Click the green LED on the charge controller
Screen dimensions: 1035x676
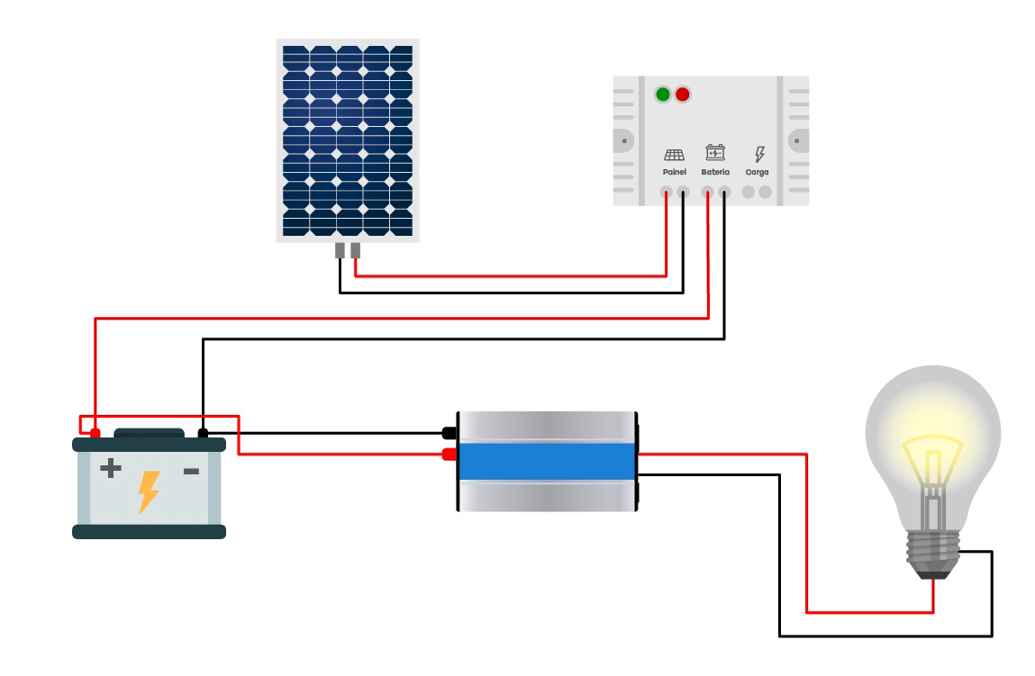[x=663, y=95]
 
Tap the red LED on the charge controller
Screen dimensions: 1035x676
[x=683, y=95]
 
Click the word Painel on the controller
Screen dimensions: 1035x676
[x=674, y=172]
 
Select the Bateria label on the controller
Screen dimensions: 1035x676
[x=715, y=172]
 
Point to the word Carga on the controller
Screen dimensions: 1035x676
[x=757, y=172]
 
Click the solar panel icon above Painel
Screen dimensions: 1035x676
[x=674, y=155]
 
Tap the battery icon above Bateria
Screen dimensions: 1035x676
[x=715, y=152]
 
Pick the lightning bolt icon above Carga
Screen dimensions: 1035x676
[x=759, y=154]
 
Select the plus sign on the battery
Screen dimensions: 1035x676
[x=110, y=468]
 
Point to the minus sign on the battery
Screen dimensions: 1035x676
[x=191, y=471]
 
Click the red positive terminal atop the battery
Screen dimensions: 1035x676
[x=95, y=433]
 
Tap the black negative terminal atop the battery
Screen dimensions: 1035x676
[x=203, y=433]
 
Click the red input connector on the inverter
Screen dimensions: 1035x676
[x=449, y=455]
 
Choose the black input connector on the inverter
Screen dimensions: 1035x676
[x=449, y=433]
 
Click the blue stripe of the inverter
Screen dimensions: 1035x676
[x=547, y=461]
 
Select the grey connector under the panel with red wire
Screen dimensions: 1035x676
[x=355, y=250]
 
